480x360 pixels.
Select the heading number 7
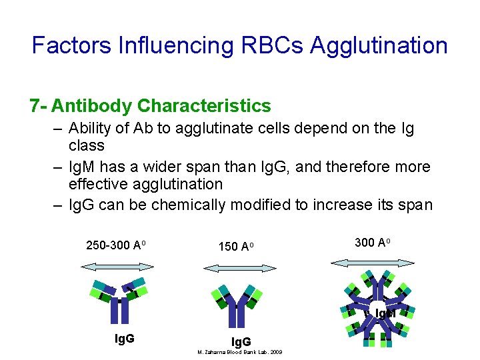pyautogui.click(x=34, y=106)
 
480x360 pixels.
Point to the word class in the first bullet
pyautogui.click(x=87, y=145)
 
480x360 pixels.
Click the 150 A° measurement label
pyautogui.click(x=237, y=247)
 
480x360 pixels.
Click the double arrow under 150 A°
pyautogui.click(x=239, y=268)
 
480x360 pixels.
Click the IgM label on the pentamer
pyautogui.click(x=385, y=313)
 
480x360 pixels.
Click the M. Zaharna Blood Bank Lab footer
pyautogui.click(x=239, y=352)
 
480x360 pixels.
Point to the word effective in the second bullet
pyautogui.click(x=101, y=184)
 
